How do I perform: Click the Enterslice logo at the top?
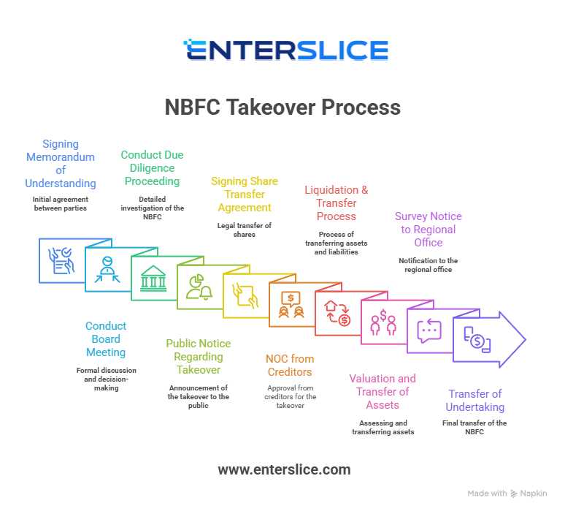point(285,50)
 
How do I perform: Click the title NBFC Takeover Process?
point(282,107)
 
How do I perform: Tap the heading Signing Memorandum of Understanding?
point(61,164)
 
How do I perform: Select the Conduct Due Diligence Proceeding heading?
point(152,167)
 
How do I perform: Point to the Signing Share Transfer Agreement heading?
point(244,194)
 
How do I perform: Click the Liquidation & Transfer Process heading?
point(337,203)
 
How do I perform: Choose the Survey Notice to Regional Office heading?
point(428,230)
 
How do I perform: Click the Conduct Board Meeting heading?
point(106,339)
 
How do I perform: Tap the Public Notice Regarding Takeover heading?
point(198,356)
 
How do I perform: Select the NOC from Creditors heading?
point(290,366)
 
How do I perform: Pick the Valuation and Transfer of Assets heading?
point(383,392)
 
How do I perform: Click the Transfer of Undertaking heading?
point(476,400)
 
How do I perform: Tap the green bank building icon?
point(153,279)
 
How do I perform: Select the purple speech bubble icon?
point(428,330)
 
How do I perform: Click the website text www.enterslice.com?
point(284,469)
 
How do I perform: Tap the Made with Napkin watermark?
point(507,494)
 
